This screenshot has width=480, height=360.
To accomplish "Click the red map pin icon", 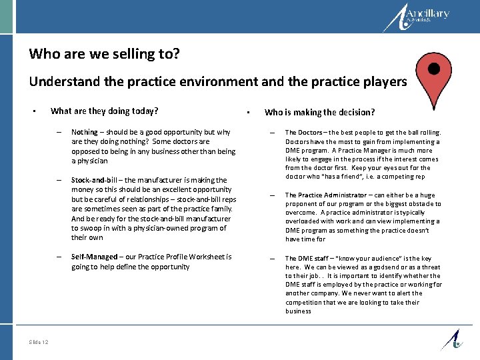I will (x=434, y=77).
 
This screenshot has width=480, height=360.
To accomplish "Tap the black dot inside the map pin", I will (x=434, y=69).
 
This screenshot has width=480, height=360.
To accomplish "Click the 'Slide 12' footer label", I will (x=39, y=342).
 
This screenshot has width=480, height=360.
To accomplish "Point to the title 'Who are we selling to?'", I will (x=104, y=53).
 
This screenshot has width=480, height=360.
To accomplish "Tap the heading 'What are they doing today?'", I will (x=105, y=111).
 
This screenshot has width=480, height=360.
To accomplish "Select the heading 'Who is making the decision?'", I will (x=319, y=112).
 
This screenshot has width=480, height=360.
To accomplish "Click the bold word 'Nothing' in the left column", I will (x=84, y=132).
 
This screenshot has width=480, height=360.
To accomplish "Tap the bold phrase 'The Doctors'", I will (x=303, y=133).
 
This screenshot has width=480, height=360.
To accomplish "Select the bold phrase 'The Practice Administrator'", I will (x=324, y=195).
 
